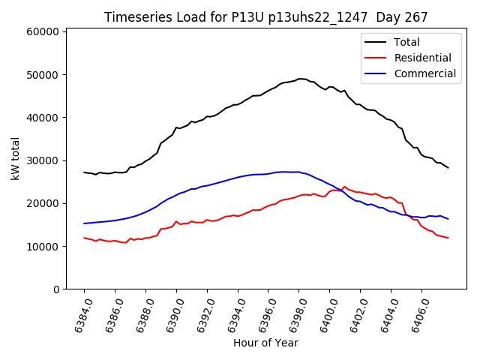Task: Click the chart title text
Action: point(265,17)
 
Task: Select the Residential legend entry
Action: point(423,58)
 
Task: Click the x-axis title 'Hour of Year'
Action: point(265,343)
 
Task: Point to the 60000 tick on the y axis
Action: point(42,32)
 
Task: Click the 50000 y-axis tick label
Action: point(42,75)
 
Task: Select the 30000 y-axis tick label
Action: point(42,160)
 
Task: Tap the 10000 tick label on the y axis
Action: point(42,247)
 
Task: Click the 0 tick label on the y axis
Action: point(55,289)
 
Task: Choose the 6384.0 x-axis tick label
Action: point(78,315)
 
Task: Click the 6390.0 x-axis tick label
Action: point(170,315)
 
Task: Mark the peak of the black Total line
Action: point(300,79)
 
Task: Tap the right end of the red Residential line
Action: point(448,238)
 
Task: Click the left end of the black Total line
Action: point(84,172)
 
